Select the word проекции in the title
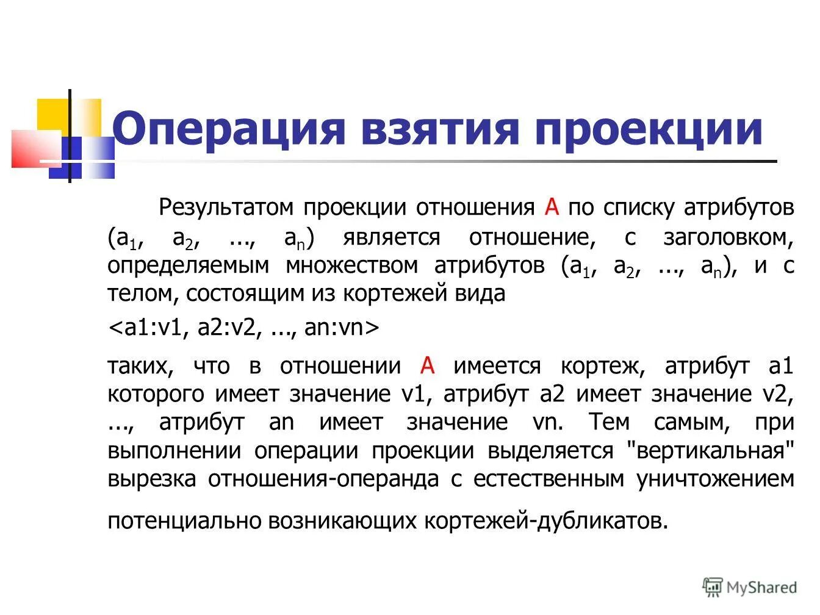click(648, 129)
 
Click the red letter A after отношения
click(552, 207)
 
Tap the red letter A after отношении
click(428, 366)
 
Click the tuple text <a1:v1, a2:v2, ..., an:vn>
click(243, 328)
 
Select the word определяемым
click(188, 265)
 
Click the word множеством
click(352, 265)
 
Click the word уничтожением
click(716, 479)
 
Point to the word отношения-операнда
click(323, 479)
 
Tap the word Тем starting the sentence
click(612, 422)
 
